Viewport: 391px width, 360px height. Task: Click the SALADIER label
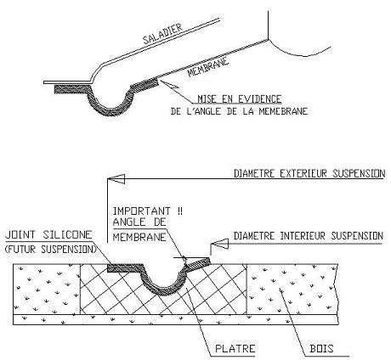[161, 34]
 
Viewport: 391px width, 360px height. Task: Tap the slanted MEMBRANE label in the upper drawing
[208, 67]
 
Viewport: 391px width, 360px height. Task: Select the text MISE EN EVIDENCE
[240, 99]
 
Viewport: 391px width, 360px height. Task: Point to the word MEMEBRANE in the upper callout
[283, 111]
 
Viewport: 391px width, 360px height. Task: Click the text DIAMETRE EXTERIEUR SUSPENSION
[309, 173]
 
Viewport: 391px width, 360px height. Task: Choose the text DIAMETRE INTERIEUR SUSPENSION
[309, 236]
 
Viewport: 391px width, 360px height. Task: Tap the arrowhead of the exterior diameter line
[116, 179]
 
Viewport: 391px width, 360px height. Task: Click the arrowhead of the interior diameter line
[219, 244]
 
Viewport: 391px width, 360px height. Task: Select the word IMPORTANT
[142, 211]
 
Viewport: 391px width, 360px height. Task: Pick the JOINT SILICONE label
[48, 234]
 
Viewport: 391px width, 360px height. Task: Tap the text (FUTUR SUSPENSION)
[51, 249]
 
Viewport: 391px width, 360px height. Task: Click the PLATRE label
[235, 348]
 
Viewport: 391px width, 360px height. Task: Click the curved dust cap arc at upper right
[297, 52]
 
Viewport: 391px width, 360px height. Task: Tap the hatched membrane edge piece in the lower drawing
[198, 263]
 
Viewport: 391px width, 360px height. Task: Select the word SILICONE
[68, 234]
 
